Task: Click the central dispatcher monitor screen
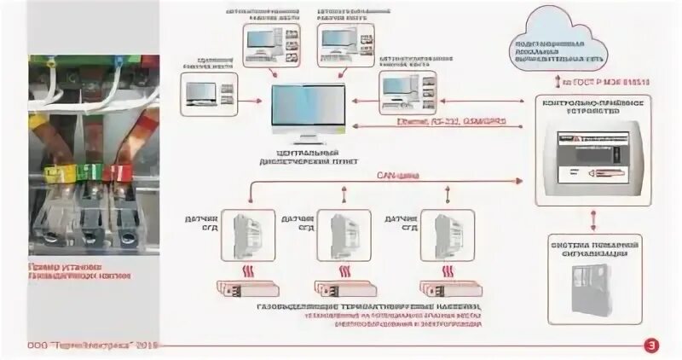(308, 111)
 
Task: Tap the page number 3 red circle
(652, 345)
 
